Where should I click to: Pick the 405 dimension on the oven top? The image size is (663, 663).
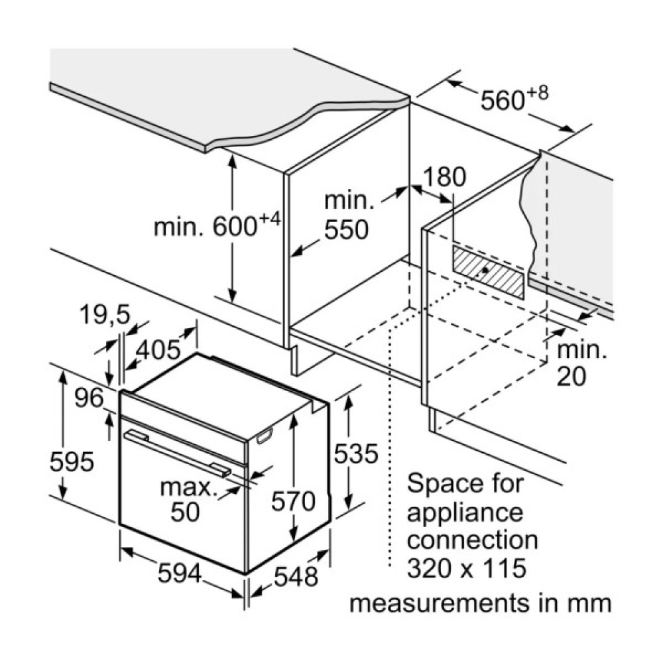pos(159,349)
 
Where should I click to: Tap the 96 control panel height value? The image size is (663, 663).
pos(89,398)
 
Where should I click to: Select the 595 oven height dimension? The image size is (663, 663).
pos(72,461)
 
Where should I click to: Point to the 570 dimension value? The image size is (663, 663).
pos(293,501)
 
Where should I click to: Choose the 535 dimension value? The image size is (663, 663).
pos(355,454)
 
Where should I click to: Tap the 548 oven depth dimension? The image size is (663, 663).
pos(296,577)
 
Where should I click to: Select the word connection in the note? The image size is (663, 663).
pos(472,540)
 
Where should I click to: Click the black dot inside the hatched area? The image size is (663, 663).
pos(487,271)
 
